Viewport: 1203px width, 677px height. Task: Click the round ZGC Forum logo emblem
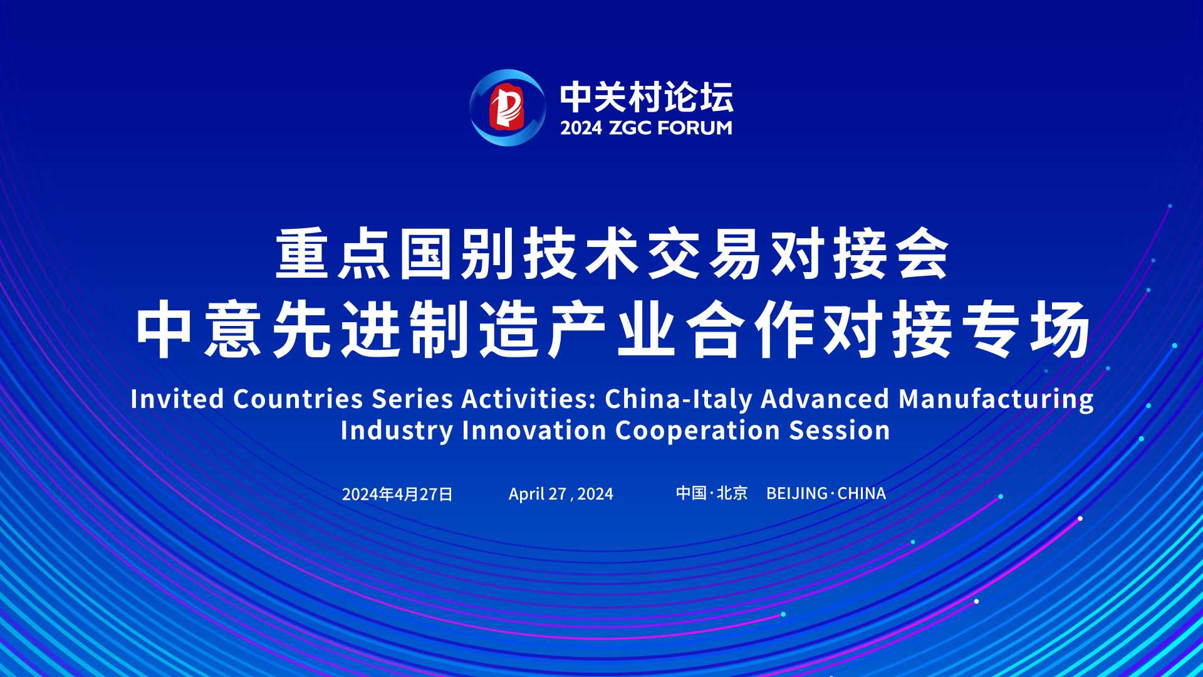(508, 108)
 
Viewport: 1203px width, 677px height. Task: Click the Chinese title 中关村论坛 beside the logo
(647, 97)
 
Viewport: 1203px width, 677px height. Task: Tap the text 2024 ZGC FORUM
(646, 128)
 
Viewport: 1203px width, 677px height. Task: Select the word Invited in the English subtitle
(177, 399)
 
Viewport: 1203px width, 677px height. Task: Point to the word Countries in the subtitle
(298, 399)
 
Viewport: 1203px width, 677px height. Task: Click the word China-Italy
(679, 399)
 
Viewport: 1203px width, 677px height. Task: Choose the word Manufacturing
(996, 399)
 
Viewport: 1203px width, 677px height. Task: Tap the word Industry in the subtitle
(397, 431)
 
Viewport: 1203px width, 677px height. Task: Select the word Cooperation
(697, 431)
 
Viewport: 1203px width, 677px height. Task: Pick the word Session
(840, 431)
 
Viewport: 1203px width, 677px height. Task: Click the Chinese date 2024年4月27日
(397, 494)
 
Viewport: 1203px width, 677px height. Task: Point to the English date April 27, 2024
(561, 494)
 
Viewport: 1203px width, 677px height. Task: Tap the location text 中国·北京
(712, 493)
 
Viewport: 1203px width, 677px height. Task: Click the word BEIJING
(797, 493)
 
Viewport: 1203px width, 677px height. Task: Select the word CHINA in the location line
(862, 493)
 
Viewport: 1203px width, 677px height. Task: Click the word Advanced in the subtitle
(825, 399)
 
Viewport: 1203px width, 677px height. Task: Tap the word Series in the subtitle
(412, 399)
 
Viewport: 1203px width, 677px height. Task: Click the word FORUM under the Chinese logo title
(695, 128)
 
